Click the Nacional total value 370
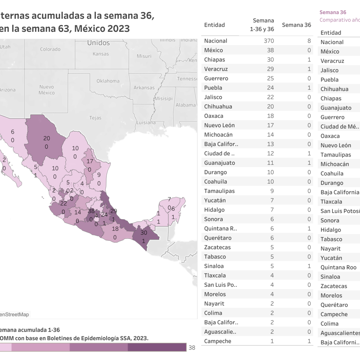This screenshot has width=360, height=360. [x=268, y=41]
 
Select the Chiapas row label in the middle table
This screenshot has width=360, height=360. [x=214, y=60]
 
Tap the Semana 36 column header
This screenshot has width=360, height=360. [x=296, y=25]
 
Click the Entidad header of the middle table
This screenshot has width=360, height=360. [x=214, y=25]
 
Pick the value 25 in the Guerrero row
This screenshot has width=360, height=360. [x=270, y=78]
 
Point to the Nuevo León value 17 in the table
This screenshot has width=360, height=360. [x=270, y=125]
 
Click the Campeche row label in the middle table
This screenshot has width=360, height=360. [x=217, y=341]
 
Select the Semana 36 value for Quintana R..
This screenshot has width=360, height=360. [x=309, y=229]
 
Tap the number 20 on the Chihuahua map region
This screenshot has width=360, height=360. [x=46, y=138]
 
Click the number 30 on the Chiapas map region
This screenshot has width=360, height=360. [x=144, y=232]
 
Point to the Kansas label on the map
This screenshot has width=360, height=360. [x=100, y=54]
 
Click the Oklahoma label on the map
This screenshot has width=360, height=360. [x=108, y=81]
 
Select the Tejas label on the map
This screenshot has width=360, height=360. [x=95, y=118]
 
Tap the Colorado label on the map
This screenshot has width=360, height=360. [x=50, y=49]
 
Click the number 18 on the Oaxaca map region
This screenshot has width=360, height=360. [x=115, y=229]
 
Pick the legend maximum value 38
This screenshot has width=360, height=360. [x=192, y=347]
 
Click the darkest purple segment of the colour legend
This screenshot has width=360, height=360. [x=157, y=347]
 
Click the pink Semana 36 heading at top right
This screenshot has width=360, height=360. [x=333, y=12]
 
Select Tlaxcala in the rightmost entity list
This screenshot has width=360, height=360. [x=331, y=202]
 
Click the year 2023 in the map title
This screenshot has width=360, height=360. [x=118, y=28]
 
